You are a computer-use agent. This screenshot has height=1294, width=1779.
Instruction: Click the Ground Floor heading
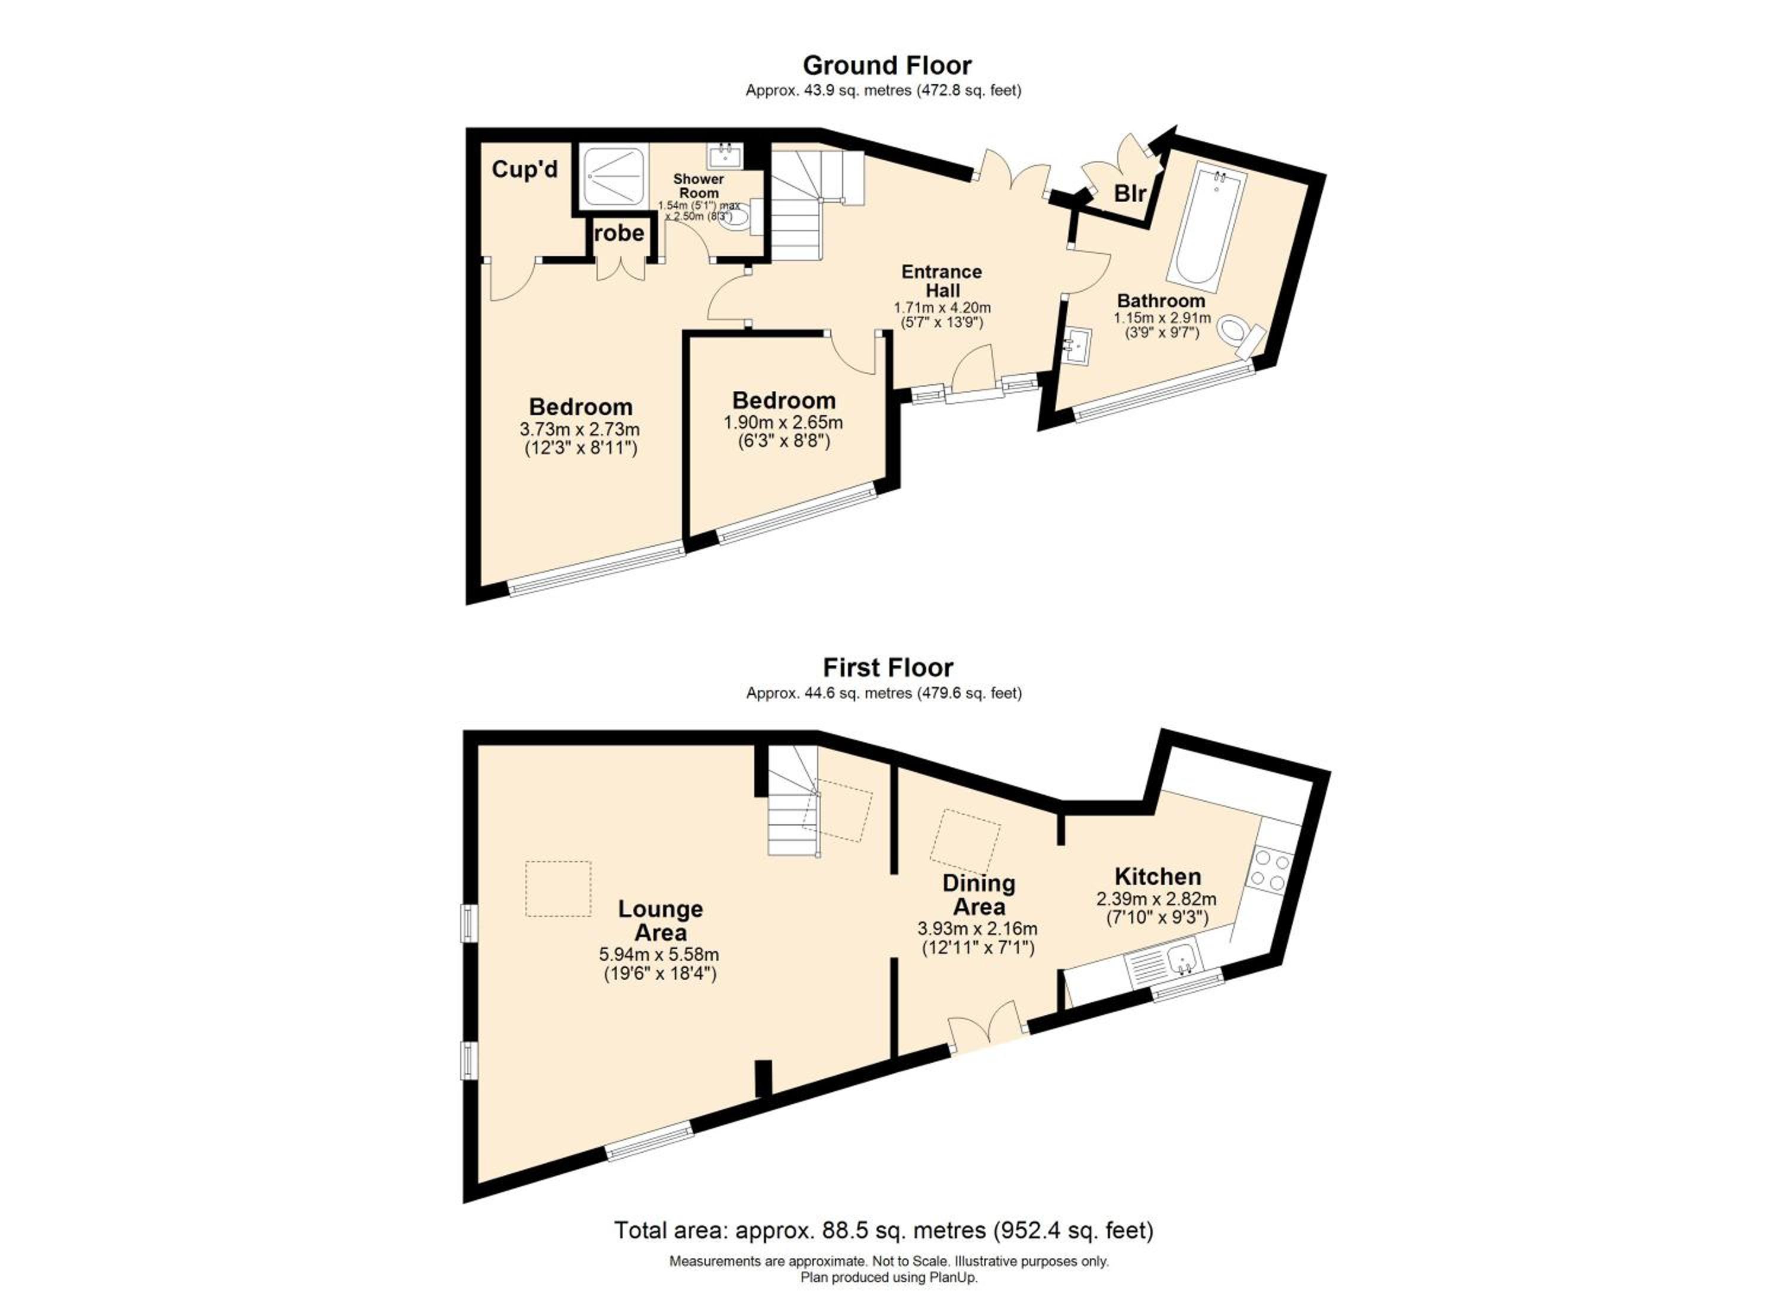[x=887, y=65]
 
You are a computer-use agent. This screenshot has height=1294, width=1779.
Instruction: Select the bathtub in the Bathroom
[x=1206, y=228]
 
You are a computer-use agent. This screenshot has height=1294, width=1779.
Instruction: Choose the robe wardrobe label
[x=620, y=233]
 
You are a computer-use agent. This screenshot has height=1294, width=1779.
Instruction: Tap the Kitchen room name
[x=1158, y=876]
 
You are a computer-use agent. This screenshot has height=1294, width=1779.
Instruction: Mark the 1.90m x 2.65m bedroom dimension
[x=783, y=423]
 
